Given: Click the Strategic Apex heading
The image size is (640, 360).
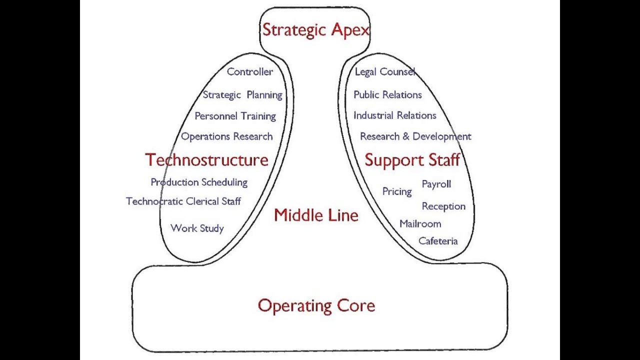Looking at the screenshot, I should (x=315, y=30).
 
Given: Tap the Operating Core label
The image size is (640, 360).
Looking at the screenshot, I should (x=316, y=305).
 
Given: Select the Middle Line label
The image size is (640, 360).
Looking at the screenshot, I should (x=316, y=215).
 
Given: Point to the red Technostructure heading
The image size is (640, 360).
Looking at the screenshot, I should (x=206, y=160).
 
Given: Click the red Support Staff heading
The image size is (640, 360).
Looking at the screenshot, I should (x=412, y=160).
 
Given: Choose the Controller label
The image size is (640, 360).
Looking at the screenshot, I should (x=249, y=71).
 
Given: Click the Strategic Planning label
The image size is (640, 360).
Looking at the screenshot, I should (x=242, y=95).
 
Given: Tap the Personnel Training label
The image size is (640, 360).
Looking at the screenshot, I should (x=235, y=116).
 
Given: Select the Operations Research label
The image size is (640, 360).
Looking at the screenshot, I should (x=226, y=136).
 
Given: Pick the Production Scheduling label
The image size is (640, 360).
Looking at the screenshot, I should (x=199, y=182).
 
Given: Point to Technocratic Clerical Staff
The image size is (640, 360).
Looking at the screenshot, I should (x=183, y=201).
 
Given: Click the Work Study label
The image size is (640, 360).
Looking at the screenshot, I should (x=197, y=228).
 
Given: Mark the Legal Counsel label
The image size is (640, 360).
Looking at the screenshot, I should (x=384, y=72).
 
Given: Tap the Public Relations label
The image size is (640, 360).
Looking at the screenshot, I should (x=387, y=95).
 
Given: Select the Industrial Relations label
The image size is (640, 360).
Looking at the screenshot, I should (x=394, y=115).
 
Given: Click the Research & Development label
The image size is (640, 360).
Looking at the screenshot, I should (x=415, y=136).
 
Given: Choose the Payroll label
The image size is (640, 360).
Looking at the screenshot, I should (x=436, y=184).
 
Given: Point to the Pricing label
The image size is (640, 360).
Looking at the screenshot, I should (x=397, y=191).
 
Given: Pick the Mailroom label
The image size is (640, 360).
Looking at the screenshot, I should (x=420, y=223).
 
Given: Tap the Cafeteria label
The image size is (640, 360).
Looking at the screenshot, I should (x=437, y=241).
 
